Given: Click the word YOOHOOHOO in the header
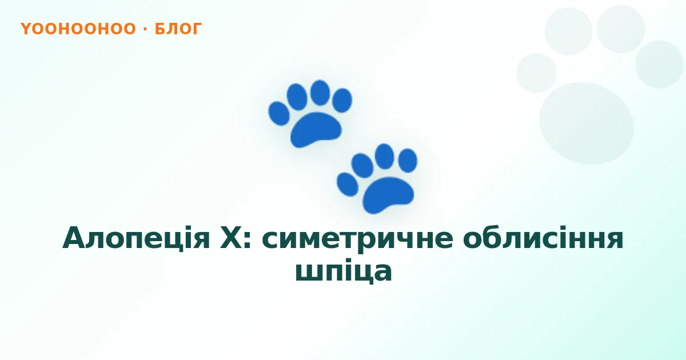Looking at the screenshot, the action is click(78, 29).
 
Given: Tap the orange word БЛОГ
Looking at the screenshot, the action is click(178, 29).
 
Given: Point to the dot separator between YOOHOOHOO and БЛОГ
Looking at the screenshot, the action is click(145, 29).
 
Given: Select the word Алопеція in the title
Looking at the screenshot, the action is click(136, 238).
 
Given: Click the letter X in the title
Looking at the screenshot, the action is click(232, 238).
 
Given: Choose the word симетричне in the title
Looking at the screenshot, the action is click(357, 241).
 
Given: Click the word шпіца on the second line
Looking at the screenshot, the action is click(344, 271).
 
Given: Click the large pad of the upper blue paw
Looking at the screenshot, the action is click(316, 129).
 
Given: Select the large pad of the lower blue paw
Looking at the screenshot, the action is click(388, 194).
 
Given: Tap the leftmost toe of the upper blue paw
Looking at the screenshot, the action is click(279, 114).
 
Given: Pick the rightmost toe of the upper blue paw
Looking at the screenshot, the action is click(342, 100).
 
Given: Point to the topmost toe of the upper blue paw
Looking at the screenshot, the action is click(320, 93).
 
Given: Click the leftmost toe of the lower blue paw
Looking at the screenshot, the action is click(348, 184).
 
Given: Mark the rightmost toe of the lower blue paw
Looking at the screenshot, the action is click(408, 161).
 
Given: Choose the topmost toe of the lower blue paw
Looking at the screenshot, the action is click(384, 156).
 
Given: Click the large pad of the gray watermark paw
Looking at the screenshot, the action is click(587, 123).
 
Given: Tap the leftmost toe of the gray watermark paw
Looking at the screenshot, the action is click(536, 73).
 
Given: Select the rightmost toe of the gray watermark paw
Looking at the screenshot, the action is click(659, 65).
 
